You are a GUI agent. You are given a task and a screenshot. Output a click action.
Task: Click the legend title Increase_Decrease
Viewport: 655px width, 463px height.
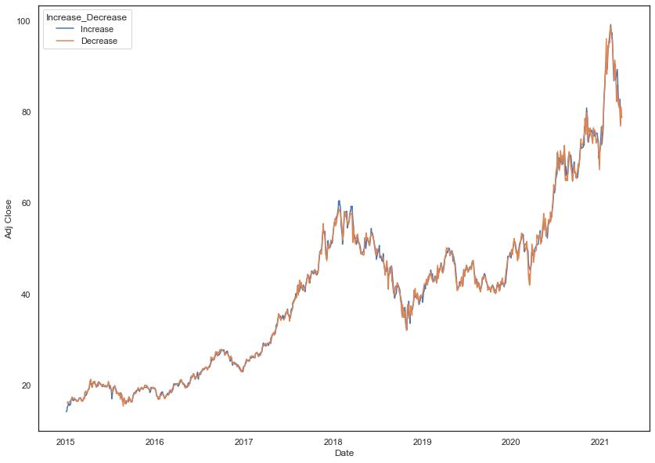(86, 17)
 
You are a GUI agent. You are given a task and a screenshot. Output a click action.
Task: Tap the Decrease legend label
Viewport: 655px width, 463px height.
(103, 41)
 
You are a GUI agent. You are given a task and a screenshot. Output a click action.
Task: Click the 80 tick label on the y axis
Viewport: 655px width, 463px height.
(25, 112)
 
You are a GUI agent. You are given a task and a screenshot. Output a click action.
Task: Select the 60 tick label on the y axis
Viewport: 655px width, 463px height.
(25, 203)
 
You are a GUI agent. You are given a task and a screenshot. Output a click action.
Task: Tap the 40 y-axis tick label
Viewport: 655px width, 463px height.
(25, 295)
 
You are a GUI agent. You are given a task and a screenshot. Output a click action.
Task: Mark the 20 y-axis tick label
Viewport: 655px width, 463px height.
(25, 385)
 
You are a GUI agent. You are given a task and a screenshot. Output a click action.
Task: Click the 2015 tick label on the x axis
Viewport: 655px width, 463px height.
(66, 442)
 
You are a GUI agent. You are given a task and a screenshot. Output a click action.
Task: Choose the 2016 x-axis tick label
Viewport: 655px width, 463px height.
(155, 442)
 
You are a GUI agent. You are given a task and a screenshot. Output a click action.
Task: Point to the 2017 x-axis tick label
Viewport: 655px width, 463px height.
(244, 442)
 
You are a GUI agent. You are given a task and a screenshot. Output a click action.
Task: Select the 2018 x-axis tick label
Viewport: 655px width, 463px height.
(333, 442)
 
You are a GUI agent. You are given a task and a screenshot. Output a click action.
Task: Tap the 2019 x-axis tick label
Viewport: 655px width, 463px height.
(422, 442)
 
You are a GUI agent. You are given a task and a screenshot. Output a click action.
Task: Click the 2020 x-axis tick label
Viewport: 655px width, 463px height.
(511, 442)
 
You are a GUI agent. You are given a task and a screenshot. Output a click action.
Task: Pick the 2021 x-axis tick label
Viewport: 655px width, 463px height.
(600, 442)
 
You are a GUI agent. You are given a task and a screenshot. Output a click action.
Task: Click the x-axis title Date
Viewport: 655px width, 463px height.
(344, 454)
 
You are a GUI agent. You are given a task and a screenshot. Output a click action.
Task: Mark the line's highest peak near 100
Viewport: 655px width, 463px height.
(610, 24)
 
